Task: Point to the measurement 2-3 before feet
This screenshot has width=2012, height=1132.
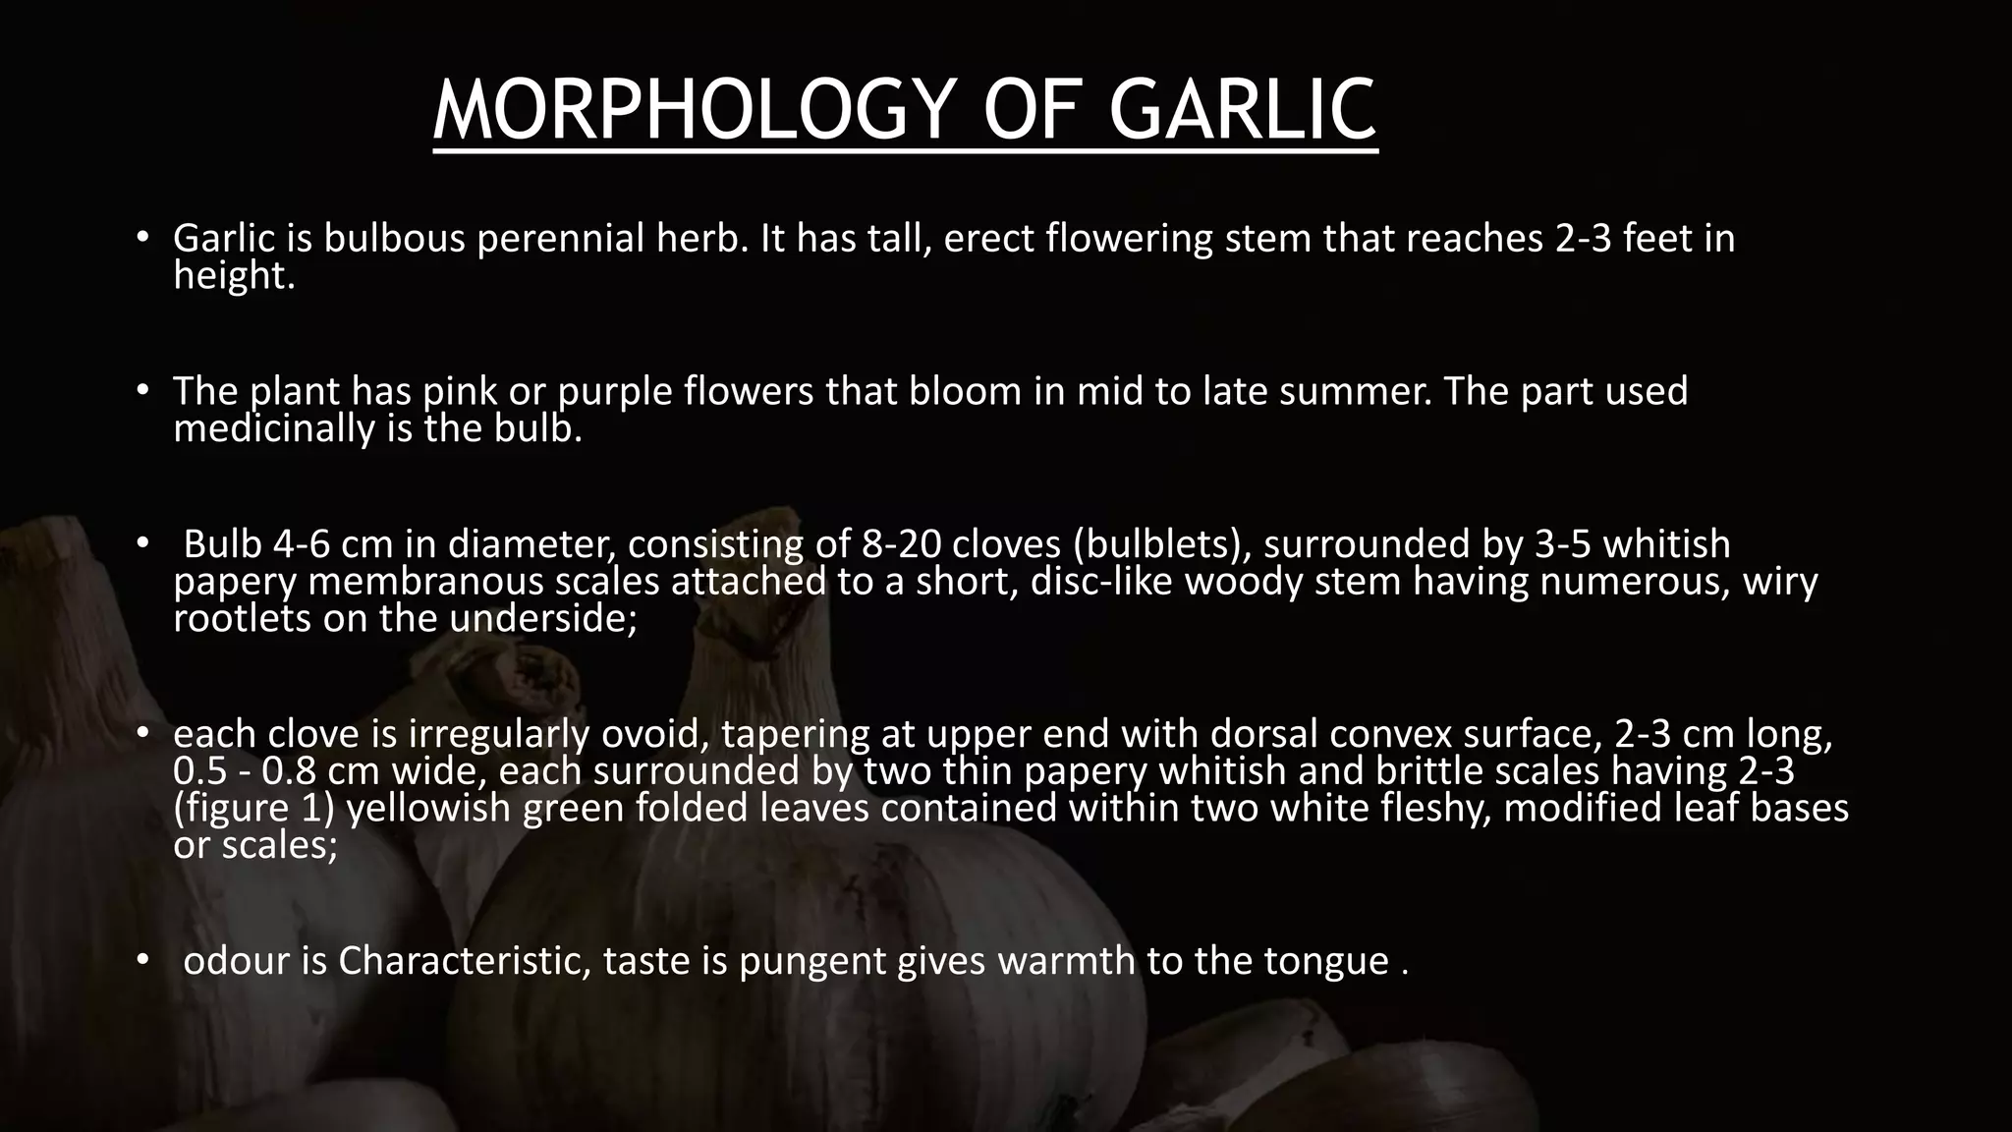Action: click(x=1583, y=239)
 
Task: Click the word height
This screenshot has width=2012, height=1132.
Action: click(x=234, y=276)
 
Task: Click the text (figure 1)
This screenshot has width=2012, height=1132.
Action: click(x=254, y=809)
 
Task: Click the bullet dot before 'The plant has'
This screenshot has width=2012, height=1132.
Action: click(x=141, y=390)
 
